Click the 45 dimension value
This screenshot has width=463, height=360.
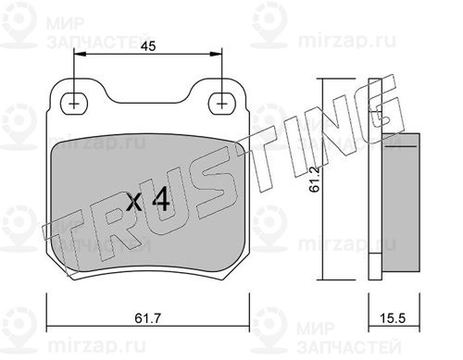[148, 46]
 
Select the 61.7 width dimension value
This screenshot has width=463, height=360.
[147, 318]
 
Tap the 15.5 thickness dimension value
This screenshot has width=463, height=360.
[392, 318]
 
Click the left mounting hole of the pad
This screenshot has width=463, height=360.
[74, 104]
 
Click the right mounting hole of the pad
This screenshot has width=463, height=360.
[221, 104]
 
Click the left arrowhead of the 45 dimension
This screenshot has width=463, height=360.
[80, 55]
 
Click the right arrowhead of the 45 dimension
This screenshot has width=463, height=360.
[217, 55]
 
